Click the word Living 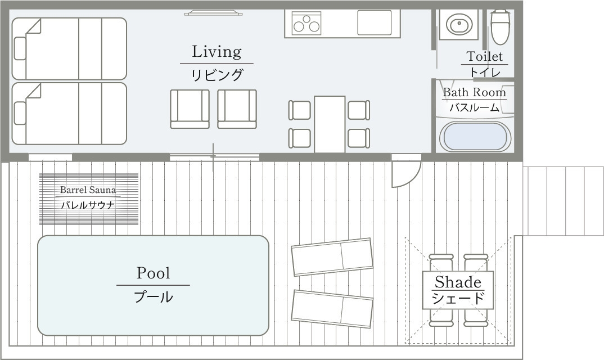(x=217, y=52)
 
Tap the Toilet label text (x=485, y=56)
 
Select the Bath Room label (x=474, y=92)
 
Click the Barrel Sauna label (x=88, y=190)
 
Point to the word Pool (x=153, y=273)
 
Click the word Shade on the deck (x=458, y=282)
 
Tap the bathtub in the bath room (x=475, y=137)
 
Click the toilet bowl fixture (x=501, y=27)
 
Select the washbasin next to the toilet (x=459, y=24)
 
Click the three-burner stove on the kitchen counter (x=306, y=23)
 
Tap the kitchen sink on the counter (x=375, y=22)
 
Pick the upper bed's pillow (x=20, y=48)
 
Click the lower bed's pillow (x=20, y=113)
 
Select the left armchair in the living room (x=190, y=109)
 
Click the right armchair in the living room (x=237, y=109)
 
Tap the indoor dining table (x=330, y=124)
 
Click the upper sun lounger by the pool (x=332, y=256)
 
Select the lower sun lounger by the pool (x=332, y=309)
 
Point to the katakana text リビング (x=217, y=75)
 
